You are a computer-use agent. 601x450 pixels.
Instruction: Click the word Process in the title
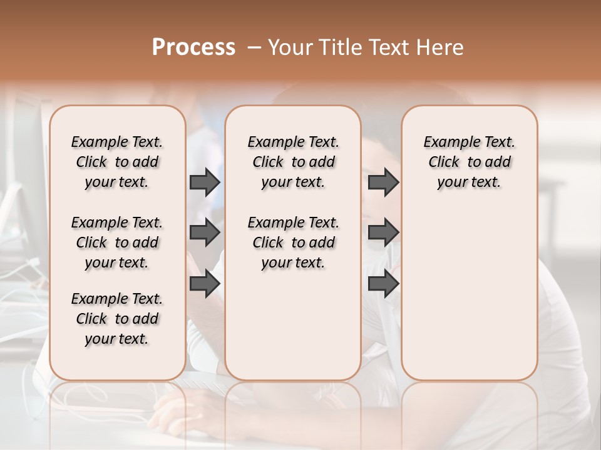(x=193, y=47)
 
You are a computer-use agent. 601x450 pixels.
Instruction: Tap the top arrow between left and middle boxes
(x=205, y=182)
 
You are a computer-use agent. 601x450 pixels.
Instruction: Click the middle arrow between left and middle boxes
(x=205, y=232)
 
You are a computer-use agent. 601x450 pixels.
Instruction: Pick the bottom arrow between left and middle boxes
(x=205, y=284)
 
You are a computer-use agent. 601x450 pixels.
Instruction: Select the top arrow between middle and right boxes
(x=383, y=182)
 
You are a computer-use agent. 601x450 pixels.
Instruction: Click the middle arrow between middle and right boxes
(x=383, y=232)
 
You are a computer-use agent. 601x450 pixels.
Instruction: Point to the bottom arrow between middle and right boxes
(x=383, y=284)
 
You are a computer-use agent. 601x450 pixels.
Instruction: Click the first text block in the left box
(x=117, y=162)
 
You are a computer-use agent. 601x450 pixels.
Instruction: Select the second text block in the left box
(x=117, y=242)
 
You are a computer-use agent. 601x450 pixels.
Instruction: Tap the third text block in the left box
(x=117, y=319)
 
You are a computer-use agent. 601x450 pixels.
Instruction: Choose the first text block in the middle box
(x=293, y=162)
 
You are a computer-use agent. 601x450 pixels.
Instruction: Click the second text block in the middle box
(x=293, y=242)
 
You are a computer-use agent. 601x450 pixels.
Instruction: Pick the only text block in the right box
(x=469, y=162)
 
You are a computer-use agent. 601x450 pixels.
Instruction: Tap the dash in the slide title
(x=254, y=47)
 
